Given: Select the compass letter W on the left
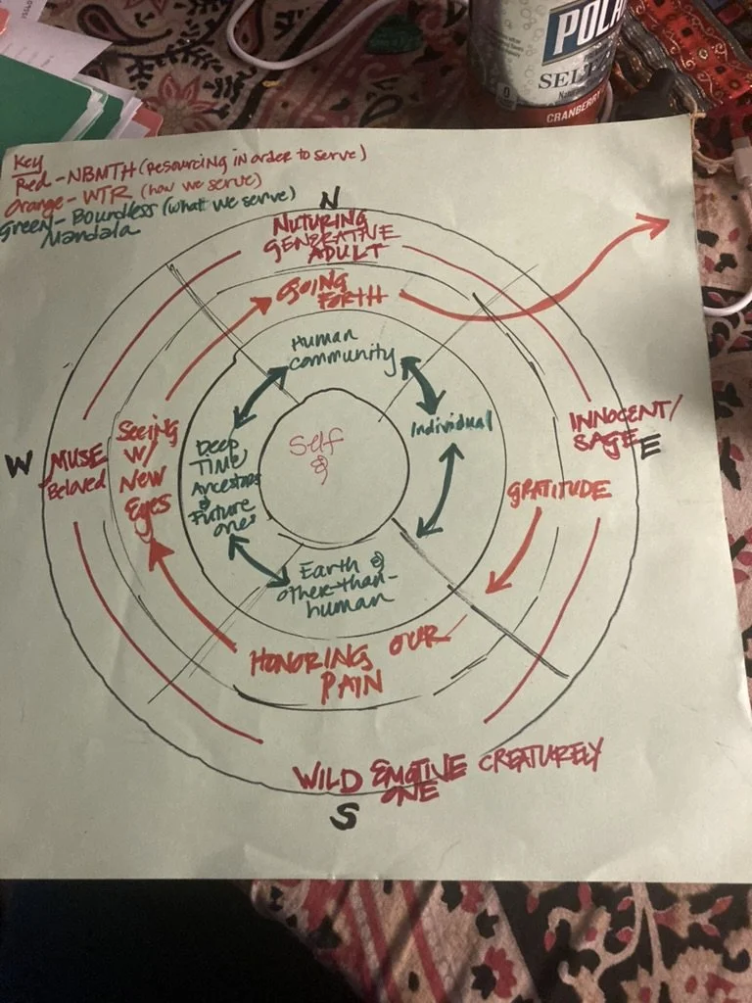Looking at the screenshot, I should [x=19, y=466].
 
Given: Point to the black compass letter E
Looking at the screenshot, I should [x=650, y=447].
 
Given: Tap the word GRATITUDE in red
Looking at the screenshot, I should [x=559, y=490].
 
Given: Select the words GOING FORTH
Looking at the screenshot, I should [x=332, y=293].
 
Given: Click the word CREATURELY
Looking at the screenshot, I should [x=540, y=757].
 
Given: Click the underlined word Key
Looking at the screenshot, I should [x=24, y=160].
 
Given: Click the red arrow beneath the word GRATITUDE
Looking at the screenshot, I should [x=513, y=554].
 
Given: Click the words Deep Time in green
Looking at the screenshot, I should [x=217, y=456].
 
